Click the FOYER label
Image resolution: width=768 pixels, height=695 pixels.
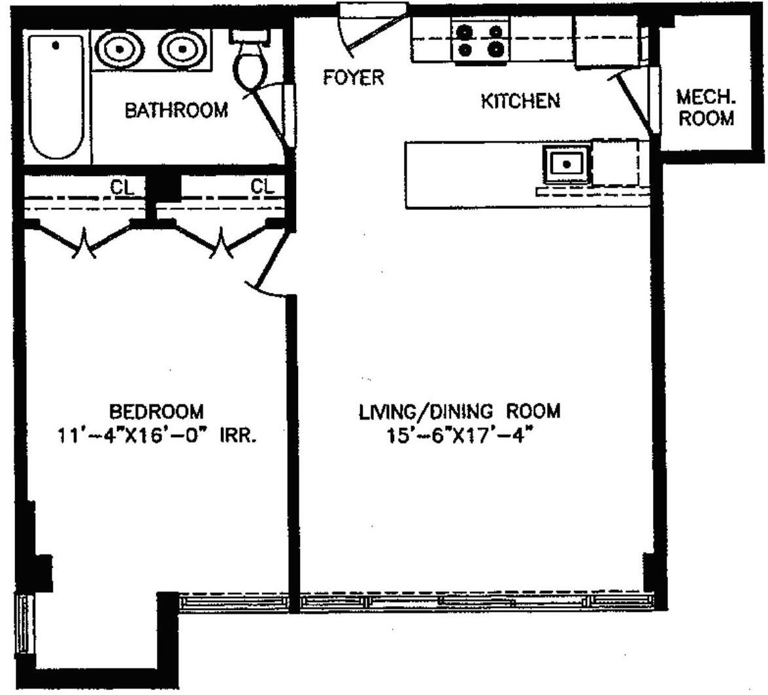354,78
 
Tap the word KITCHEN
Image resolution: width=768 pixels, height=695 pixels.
520,101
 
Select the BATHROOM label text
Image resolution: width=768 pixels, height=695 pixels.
176,110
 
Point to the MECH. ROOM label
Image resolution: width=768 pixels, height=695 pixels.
705,109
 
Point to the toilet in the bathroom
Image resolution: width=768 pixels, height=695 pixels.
252,62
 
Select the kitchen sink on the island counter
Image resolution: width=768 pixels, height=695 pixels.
567,163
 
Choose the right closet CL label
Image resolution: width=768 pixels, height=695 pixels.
262,187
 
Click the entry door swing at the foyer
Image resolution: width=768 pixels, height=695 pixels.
366,29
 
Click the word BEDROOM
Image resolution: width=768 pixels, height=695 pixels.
156,412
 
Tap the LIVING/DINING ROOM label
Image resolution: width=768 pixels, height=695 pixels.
459,412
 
